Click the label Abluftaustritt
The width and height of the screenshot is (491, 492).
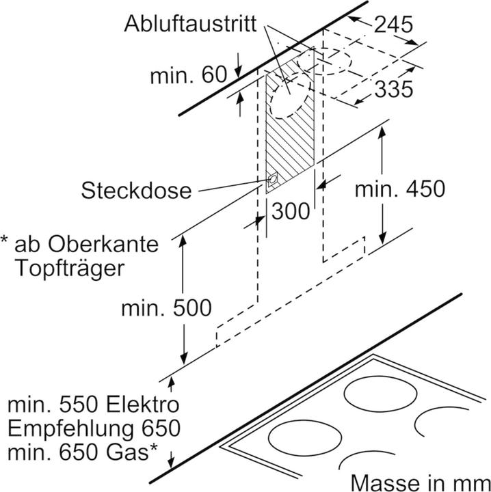pos(191,25)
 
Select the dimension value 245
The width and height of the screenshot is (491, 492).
pos(393,25)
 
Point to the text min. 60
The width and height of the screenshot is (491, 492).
pos(187,75)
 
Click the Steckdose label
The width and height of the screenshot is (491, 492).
pos(137,189)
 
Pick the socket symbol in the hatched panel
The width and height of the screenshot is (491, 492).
pos(274,179)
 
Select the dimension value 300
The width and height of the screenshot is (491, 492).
pos(290,212)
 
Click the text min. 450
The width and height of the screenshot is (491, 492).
pos(399,189)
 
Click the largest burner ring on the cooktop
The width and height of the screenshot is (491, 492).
pos(380,394)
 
